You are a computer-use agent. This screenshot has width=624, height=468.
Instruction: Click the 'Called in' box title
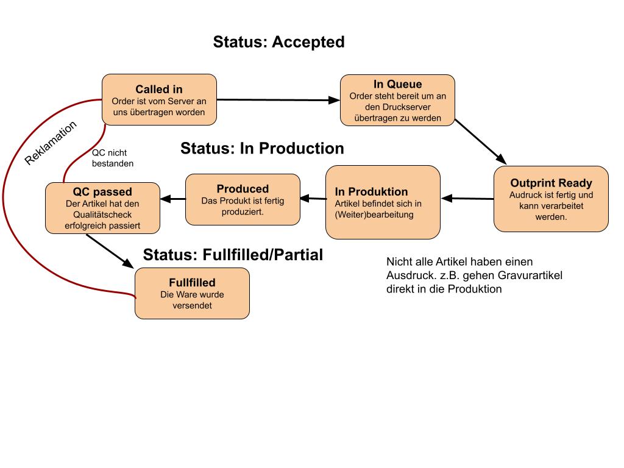click(x=159, y=89)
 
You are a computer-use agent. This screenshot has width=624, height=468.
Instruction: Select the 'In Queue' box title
click(x=397, y=84)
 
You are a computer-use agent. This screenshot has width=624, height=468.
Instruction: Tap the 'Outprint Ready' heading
click(x=551, y=183)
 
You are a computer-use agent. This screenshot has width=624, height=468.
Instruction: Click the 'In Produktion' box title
click(x=371, y=192)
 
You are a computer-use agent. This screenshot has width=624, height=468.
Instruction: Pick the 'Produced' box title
click(x=243, y=189)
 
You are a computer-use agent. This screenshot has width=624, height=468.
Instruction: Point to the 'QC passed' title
click(x=102, y=192)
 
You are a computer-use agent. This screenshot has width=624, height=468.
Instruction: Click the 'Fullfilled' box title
click(x=192, y=283)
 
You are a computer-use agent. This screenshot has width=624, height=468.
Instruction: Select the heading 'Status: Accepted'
click(x=278, y=42)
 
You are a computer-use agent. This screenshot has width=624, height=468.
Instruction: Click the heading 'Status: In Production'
click(x=262, y=149)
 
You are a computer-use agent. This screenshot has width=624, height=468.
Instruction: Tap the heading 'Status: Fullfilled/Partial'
click(x=233, y=255)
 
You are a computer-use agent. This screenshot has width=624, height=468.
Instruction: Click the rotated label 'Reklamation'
click(x=50, y=143)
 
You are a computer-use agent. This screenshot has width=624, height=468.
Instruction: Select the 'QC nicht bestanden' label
click(x=113, y=158)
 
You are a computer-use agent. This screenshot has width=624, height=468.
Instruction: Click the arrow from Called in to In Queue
click(x=278, y=100)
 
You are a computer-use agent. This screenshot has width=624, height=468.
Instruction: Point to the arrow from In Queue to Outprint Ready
click(x=480, y=141)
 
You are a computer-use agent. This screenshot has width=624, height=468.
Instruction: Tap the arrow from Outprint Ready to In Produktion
click(x=467, y=198)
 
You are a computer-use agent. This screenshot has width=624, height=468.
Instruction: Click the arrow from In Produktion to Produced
click(x=313, y=198)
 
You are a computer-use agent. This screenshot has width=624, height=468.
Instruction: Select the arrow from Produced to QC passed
click(x=172, y=199)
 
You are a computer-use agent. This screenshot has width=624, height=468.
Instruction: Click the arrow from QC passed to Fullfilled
click(x=110, y=251)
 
